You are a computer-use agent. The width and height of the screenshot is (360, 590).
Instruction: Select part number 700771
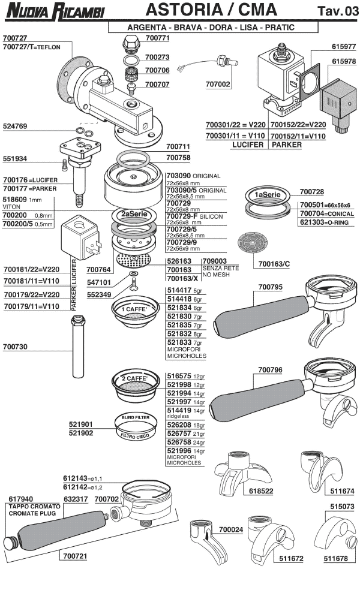(x=157, y=37)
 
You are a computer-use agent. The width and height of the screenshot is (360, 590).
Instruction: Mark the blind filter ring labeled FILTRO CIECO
(x=136, y=427)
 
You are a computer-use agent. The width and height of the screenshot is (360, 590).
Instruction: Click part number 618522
(x=261, y=490)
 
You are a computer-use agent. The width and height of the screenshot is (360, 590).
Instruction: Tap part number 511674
(x=343, y=490)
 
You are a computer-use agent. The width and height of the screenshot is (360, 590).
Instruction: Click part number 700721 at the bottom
(x=74, y=556)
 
